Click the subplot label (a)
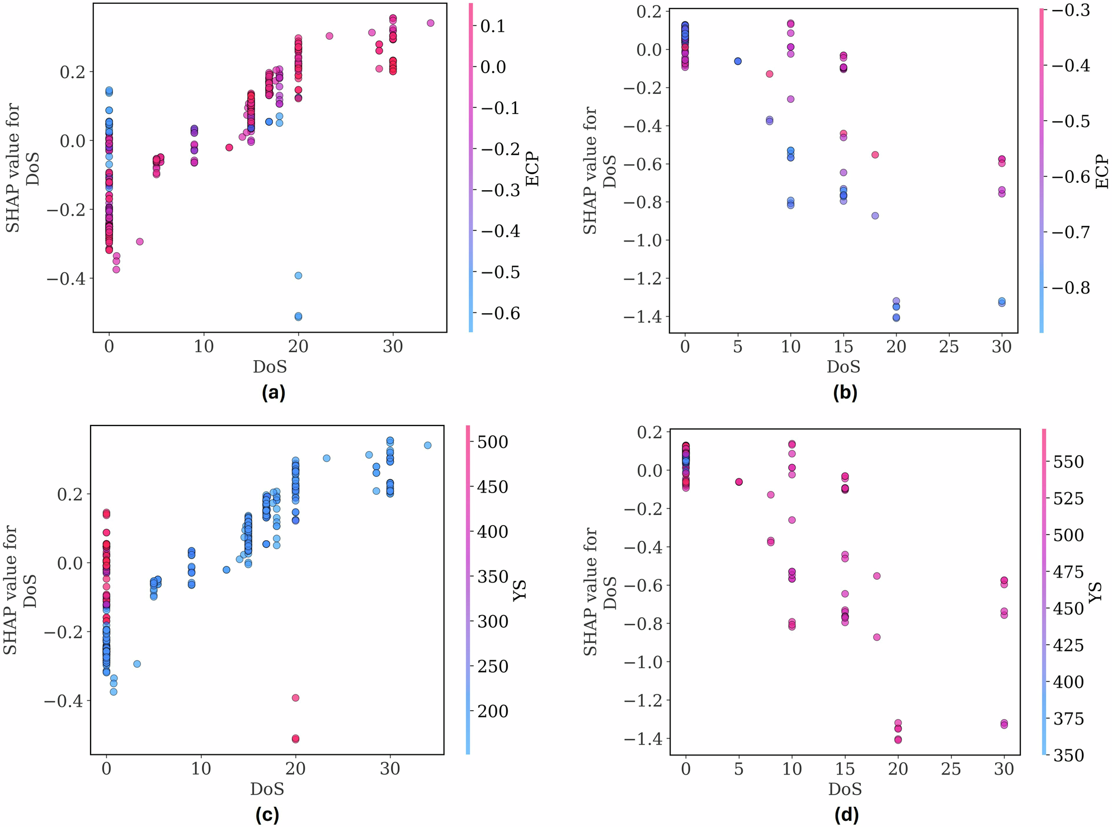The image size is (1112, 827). [274, 393]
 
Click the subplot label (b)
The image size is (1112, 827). [845, 393]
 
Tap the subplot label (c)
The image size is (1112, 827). [267, 815]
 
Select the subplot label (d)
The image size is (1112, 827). [846, 815]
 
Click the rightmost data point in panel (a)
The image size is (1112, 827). [430, 23]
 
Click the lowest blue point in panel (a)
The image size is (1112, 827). [298, 316]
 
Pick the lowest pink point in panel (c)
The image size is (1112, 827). [295, 739]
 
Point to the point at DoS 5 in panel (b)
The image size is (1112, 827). [738, 61]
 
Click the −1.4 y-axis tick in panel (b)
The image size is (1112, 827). [640, 317]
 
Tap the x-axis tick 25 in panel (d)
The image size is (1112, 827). [951, 769]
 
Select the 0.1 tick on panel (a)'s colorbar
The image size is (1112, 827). [493, 26]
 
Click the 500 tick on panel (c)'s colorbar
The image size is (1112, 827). [492, 442]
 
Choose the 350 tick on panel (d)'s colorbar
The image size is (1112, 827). [1068, 755]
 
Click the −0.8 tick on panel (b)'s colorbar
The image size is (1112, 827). [1071, 287]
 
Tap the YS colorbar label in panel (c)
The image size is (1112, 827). [520, 590]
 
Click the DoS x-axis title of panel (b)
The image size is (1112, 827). [843, 367]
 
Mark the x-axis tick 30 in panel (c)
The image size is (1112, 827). [390, 769]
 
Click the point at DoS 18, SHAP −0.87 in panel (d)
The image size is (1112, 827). [877, 637]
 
